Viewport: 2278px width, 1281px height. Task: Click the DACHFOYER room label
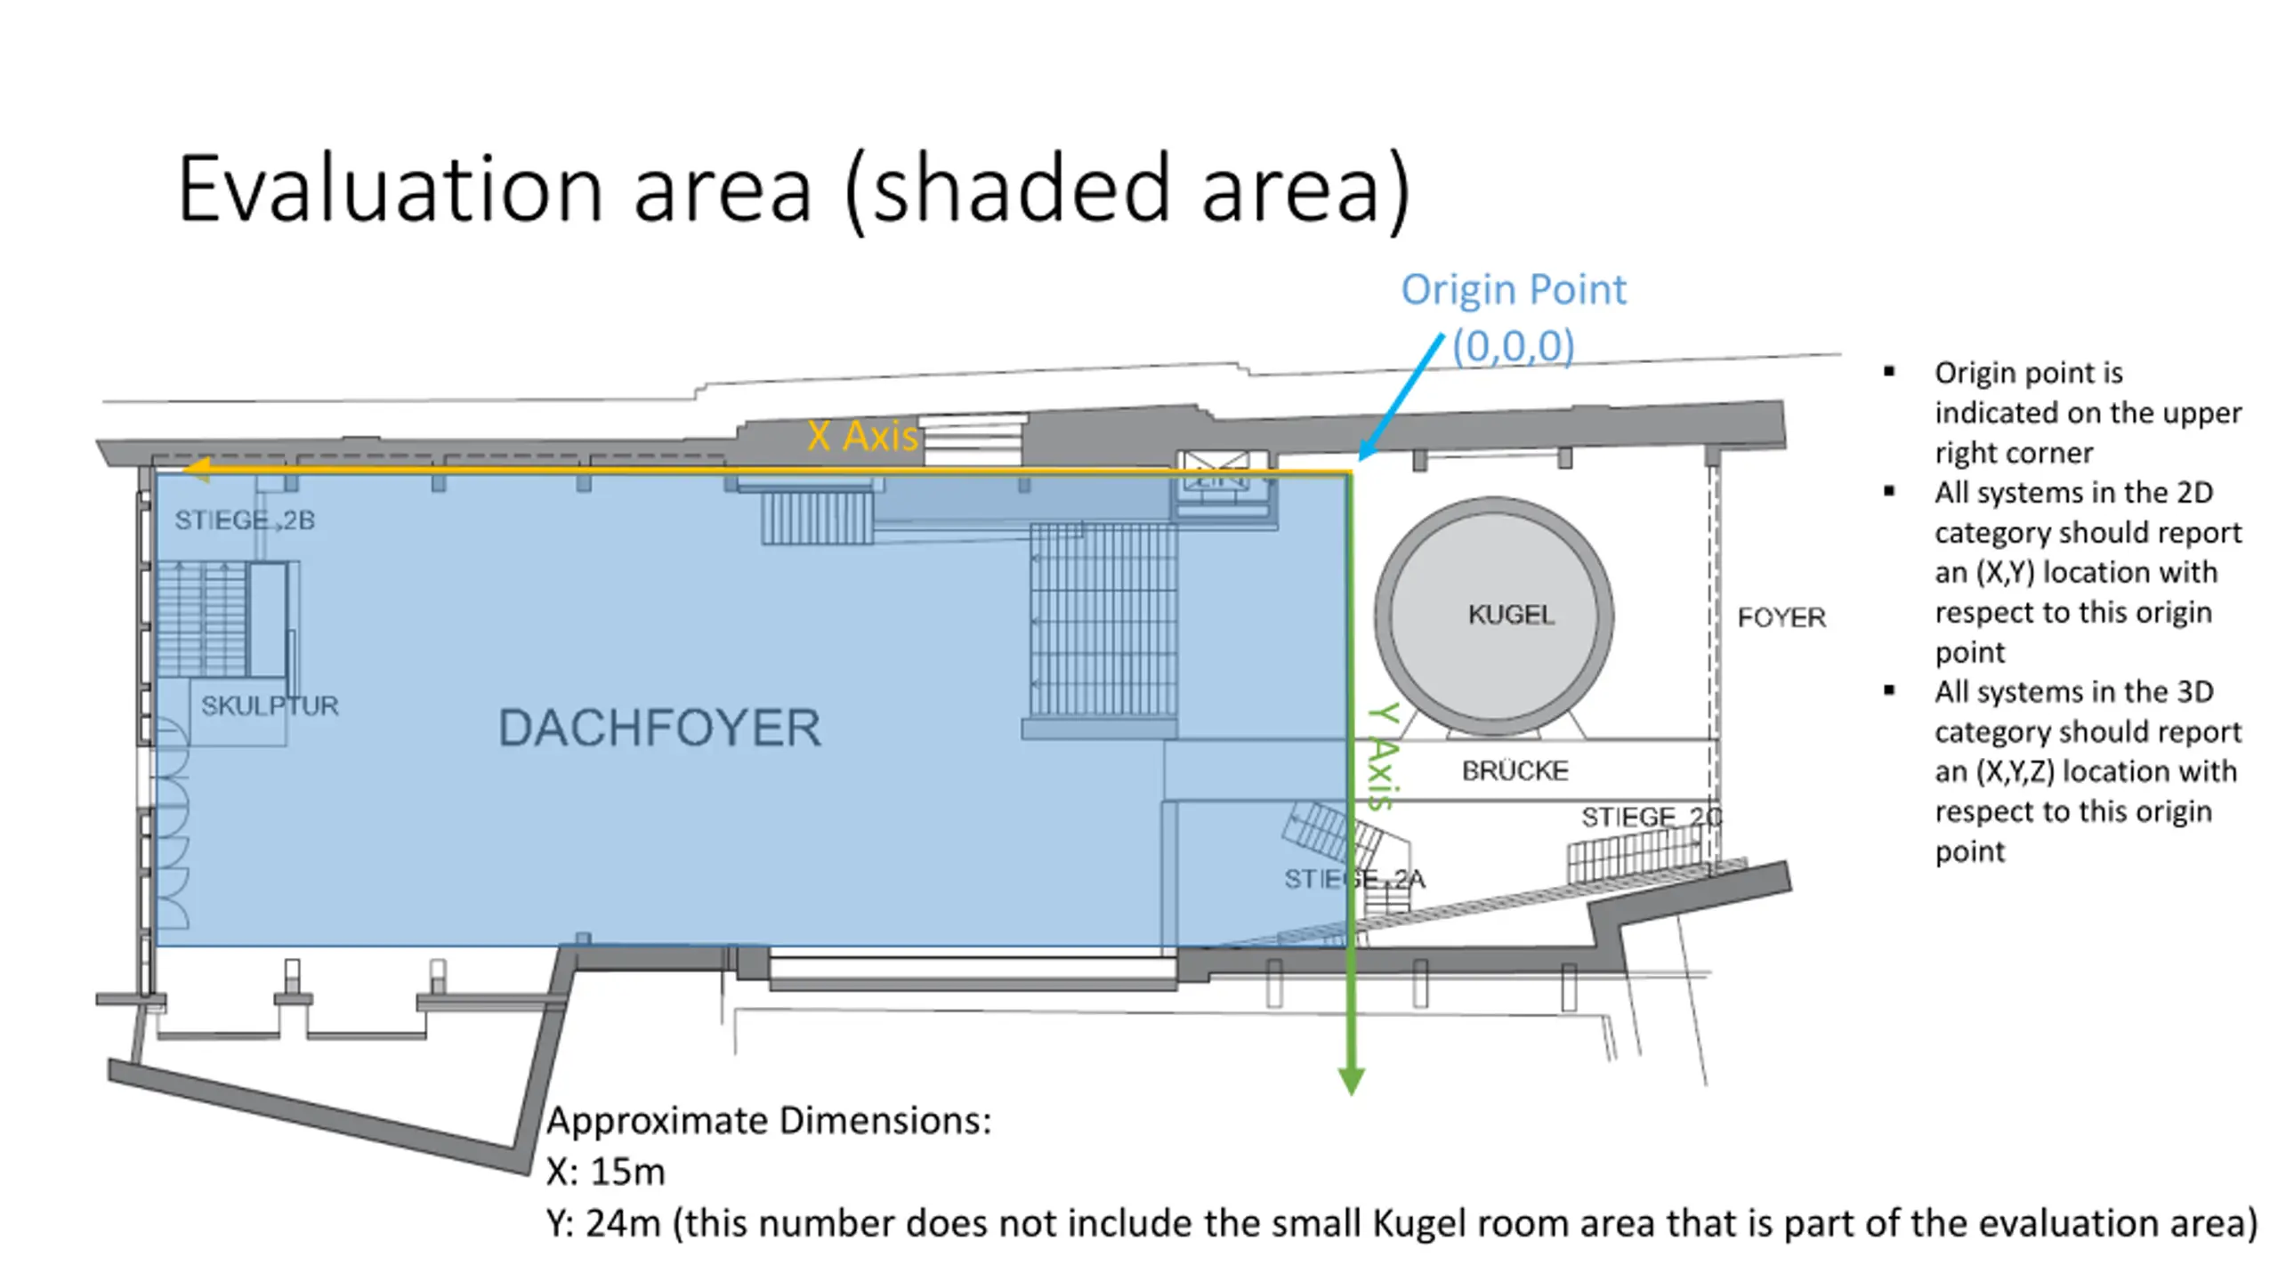[x=659, y=728]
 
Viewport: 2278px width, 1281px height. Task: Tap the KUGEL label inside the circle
[x=1511, y=615]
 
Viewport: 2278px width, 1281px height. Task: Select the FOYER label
[x=1781, y=617]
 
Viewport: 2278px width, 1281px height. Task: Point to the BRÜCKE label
[x=1515, y=770]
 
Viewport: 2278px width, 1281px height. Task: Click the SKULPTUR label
[x=270, y=705]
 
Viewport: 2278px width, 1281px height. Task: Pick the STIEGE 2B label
[x=245, y=520]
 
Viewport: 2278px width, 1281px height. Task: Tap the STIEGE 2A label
[x=1354, y=879]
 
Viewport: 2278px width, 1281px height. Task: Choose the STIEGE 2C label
[x=1652, y=817]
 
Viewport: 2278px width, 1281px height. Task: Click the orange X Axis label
[x=861, y=436]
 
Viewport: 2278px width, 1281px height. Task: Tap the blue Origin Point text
[x=1514, y=290]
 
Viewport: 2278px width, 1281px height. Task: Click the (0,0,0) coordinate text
[x=1514, y=345]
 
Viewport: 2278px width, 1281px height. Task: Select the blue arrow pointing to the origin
[x=1401, y=397]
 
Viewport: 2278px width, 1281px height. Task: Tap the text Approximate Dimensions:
[x=769, y=1121]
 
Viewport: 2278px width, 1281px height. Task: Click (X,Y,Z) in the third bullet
[x=2015, y=771]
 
